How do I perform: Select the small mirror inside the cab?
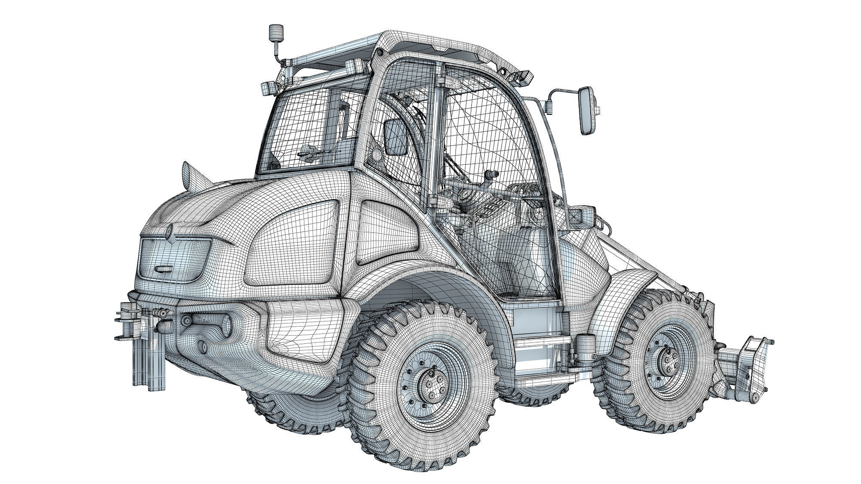[395, 136]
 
